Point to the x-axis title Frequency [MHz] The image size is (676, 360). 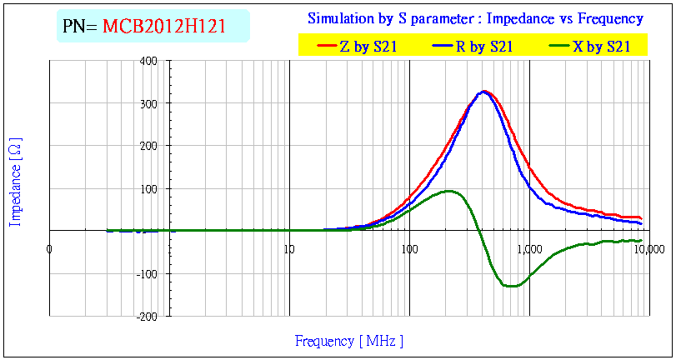[x=348, y=341]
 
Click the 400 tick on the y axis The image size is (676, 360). [x=149, y=61]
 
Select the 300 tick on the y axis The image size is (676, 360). [x=149, y=103]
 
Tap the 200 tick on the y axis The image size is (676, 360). [x=149, y=146]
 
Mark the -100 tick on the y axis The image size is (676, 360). [x=148, y=273]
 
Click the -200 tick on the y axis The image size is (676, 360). [x=148, y=316]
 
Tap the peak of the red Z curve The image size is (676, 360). [x=484, y=92]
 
